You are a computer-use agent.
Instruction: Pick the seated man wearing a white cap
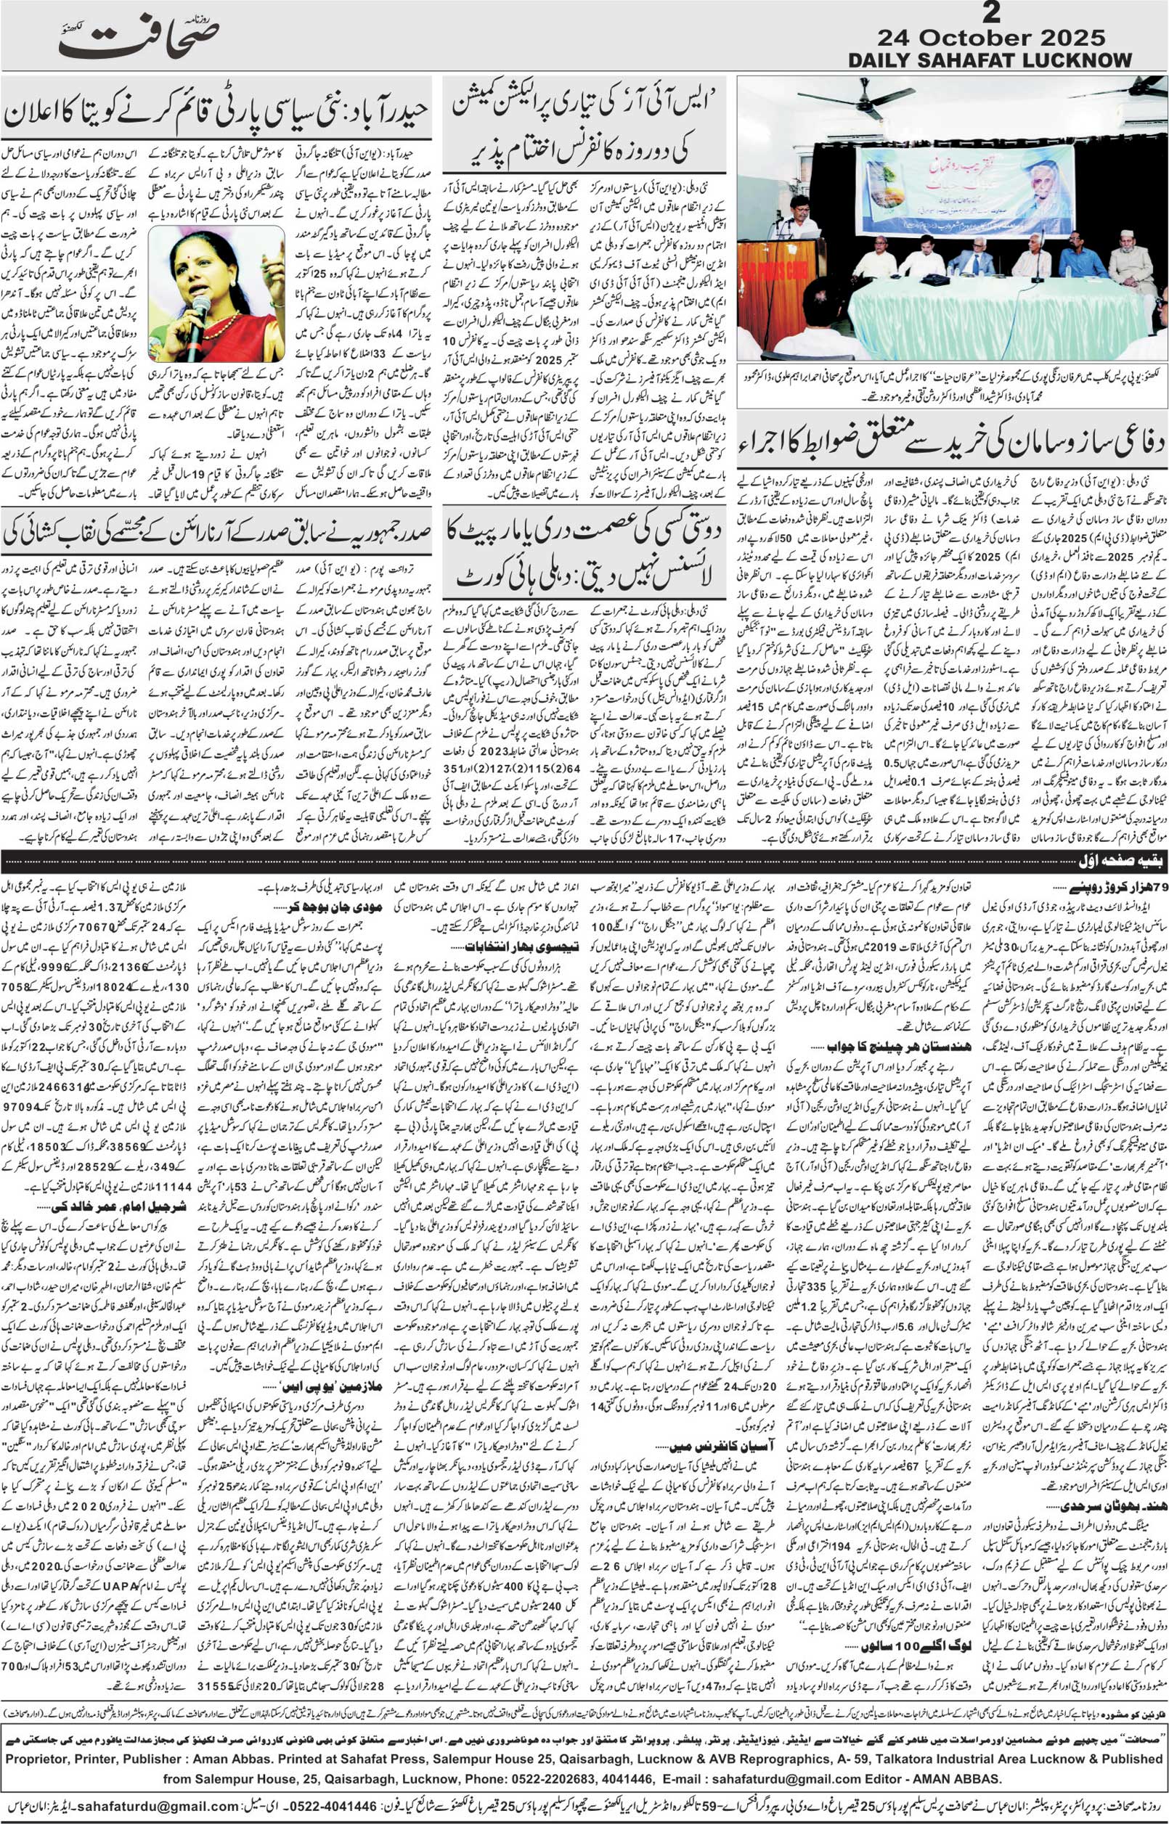(x=1131, y=263)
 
